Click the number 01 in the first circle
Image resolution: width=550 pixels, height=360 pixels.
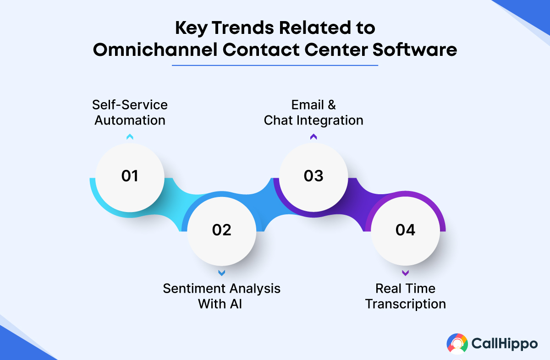pyautogui.click(x=130, y=176)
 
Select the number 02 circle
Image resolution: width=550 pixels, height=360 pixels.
pyautogui.click(x=221, y=230)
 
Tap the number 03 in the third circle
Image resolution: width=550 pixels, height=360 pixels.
pyautogui.click(x=313, y=176)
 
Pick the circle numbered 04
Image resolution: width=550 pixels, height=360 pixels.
pyautogui.click(x=405, y=230)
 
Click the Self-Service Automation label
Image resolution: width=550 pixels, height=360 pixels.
pyautogui.click(x=130, y=112)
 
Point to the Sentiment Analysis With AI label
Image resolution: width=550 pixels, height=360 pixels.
pyautogui.click(x=221, y=296)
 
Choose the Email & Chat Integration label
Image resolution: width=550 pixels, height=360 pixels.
pyautogui.click(x=313, y=112)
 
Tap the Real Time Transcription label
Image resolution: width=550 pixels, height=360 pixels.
pyautogui.click(x=405, y=296)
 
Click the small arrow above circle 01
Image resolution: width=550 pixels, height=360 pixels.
pyautogui.click(x=130, y=136)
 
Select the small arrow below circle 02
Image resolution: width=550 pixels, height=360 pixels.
pyautogui.click(x=221, y=273)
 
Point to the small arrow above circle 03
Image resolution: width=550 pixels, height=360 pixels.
pyautogui.click(x=313, y=136)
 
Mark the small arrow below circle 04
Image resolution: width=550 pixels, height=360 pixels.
pyautogui.click(x=405, y=273)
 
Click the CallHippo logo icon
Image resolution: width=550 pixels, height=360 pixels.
pyautogui.click(x=457, y=344)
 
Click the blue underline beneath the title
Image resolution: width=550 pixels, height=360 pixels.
pyautogui.click(x=275, y=65)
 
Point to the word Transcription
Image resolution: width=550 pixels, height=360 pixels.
pyautogui.click(x=405, y=304)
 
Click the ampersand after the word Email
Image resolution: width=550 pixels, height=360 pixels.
pyautogui.click(x=331, y=105)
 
